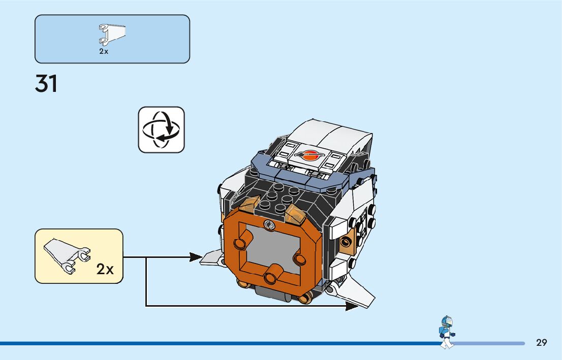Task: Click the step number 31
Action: [x=46, y=84]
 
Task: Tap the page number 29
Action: [x=541, y=342]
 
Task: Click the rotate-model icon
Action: [x=161, y=129]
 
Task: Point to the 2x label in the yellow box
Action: [x=105, y=269]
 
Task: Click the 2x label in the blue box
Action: [x=104, y=52]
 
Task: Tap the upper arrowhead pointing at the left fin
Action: [x=196, y=257]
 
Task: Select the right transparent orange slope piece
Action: [x=294, y=214]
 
